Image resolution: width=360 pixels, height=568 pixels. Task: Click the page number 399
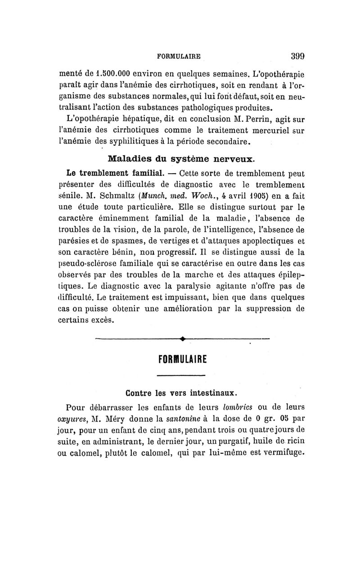click(x=297, y=57)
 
